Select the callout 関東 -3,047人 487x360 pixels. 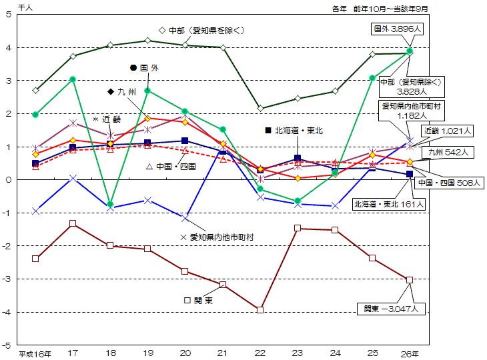click(x=390, y=309)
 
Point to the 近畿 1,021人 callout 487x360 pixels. click(x=448, y=131)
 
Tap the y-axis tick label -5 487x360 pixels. click(x=7, y=345)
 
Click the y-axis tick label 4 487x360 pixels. click(x=7, y=47)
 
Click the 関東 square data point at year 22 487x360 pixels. click(x=260, y=310)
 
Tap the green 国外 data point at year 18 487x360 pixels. click(x=110, y=204)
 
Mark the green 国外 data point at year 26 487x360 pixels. click(x=410, y=51)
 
